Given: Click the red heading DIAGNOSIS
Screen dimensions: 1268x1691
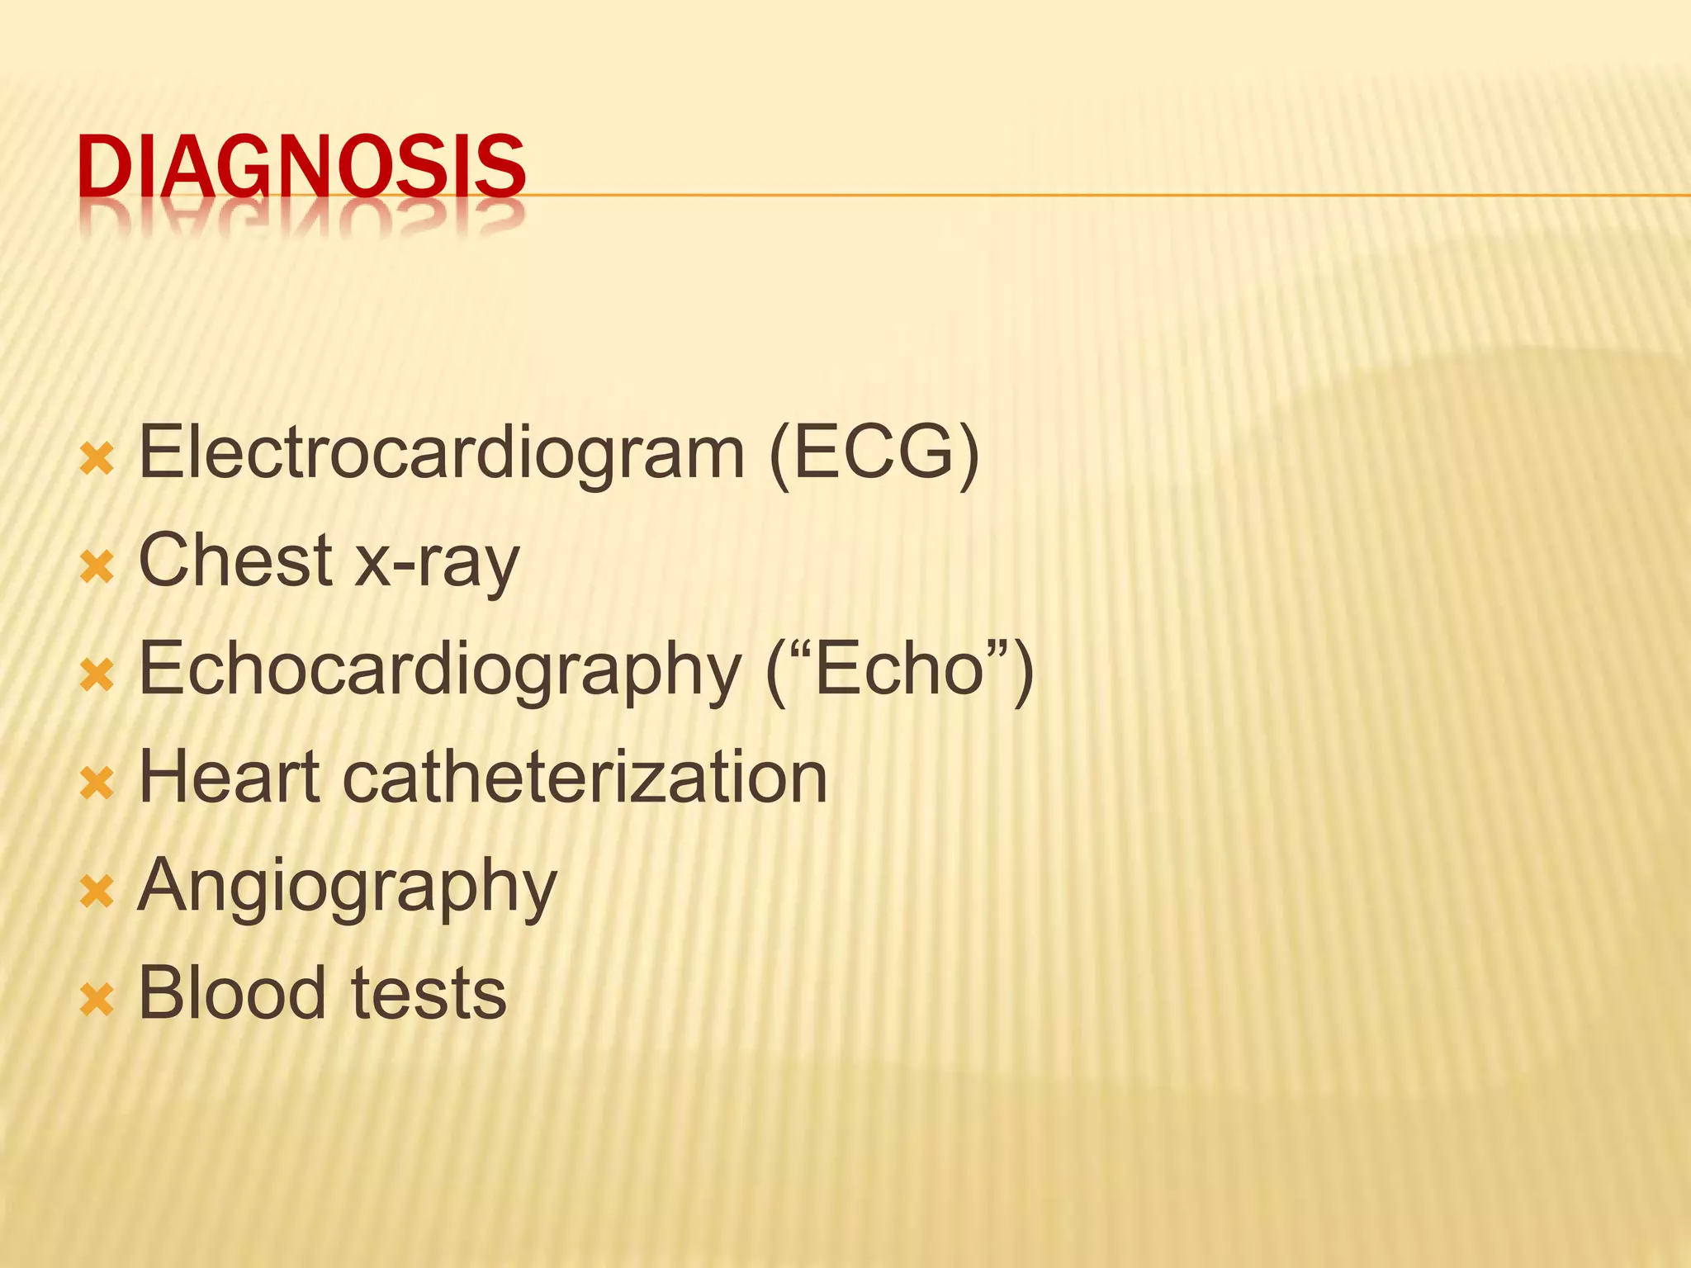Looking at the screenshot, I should (x=301, y=168).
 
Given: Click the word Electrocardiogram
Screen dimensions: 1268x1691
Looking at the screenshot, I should (x=442, y=453).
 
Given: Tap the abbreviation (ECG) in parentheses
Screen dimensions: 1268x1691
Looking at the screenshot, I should (x=874, y=453).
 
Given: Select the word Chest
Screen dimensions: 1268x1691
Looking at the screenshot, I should (x=235, y=561).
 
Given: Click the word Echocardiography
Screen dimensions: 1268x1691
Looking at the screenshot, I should (x=440, y=670).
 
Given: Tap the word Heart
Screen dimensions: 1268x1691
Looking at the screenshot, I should (x=230, y=777).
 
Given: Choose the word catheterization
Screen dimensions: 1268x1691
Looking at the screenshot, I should (x=585, y=777).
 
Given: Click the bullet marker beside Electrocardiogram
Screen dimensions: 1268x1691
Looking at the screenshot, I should (x=97, y=459).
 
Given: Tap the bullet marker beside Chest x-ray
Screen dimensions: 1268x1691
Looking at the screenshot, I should (x=97, y=567).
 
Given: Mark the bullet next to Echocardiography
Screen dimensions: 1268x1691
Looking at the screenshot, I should (x=97, y=675).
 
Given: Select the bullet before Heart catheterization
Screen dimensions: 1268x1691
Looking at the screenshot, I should (x=97, y=783).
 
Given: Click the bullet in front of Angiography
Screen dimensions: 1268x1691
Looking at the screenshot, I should (x=97, y=892).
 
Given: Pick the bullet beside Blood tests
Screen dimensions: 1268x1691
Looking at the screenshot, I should (x=97, y=1000).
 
